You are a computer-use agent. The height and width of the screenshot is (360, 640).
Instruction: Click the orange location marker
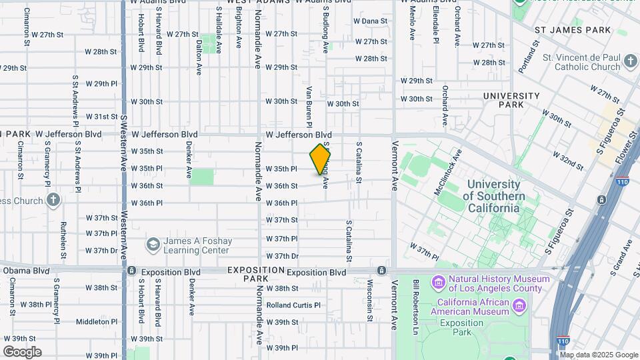coord(320,160)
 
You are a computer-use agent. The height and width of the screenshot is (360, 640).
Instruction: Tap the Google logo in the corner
coord(22,352)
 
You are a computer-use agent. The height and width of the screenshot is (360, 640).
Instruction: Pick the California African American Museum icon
coord(520,306)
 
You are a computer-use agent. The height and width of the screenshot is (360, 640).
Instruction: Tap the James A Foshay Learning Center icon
coord(153,245)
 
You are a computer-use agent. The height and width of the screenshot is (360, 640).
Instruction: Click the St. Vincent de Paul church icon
coord(631,62)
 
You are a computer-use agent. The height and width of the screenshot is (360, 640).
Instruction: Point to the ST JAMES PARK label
coord(573,30)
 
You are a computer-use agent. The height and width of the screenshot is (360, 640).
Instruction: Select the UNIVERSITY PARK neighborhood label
coord(511,100)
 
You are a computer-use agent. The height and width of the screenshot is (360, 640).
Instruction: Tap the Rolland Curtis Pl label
coord(293,305)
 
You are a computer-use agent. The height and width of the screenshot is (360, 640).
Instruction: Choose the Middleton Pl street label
coord(97,321)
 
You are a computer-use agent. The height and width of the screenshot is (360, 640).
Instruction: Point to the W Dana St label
coord(370,21)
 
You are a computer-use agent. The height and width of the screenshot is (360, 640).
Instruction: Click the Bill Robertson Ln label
coord(415,307)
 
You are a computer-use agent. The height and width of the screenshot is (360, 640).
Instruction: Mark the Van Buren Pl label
coord(309,105)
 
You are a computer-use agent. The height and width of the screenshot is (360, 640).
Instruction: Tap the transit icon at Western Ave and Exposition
coord(132,271)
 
